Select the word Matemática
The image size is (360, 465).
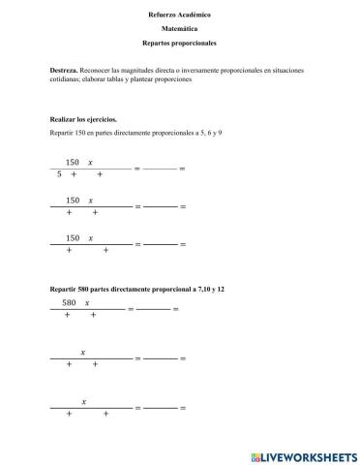pos(180,30)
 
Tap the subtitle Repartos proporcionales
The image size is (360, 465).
pos(180,44)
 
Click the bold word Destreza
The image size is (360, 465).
pos(66,72)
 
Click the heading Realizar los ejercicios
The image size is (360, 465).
pos(83,118)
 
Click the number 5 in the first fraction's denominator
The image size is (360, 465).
pos(59,174)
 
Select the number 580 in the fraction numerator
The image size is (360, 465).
pos(69,303)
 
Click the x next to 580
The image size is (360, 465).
pos(87,303)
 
